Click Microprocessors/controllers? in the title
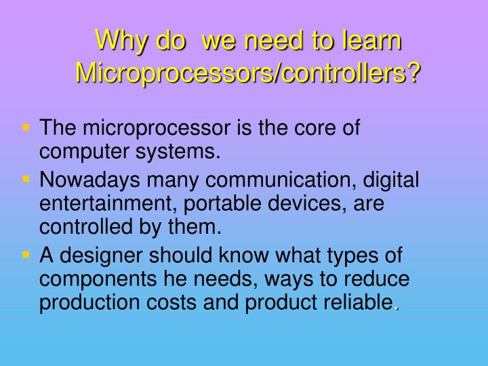coord(247,71)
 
